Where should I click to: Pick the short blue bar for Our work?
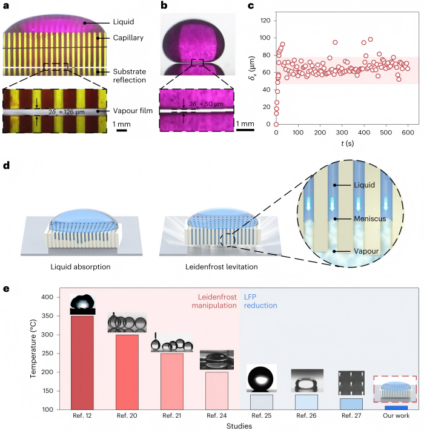[396, 407]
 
